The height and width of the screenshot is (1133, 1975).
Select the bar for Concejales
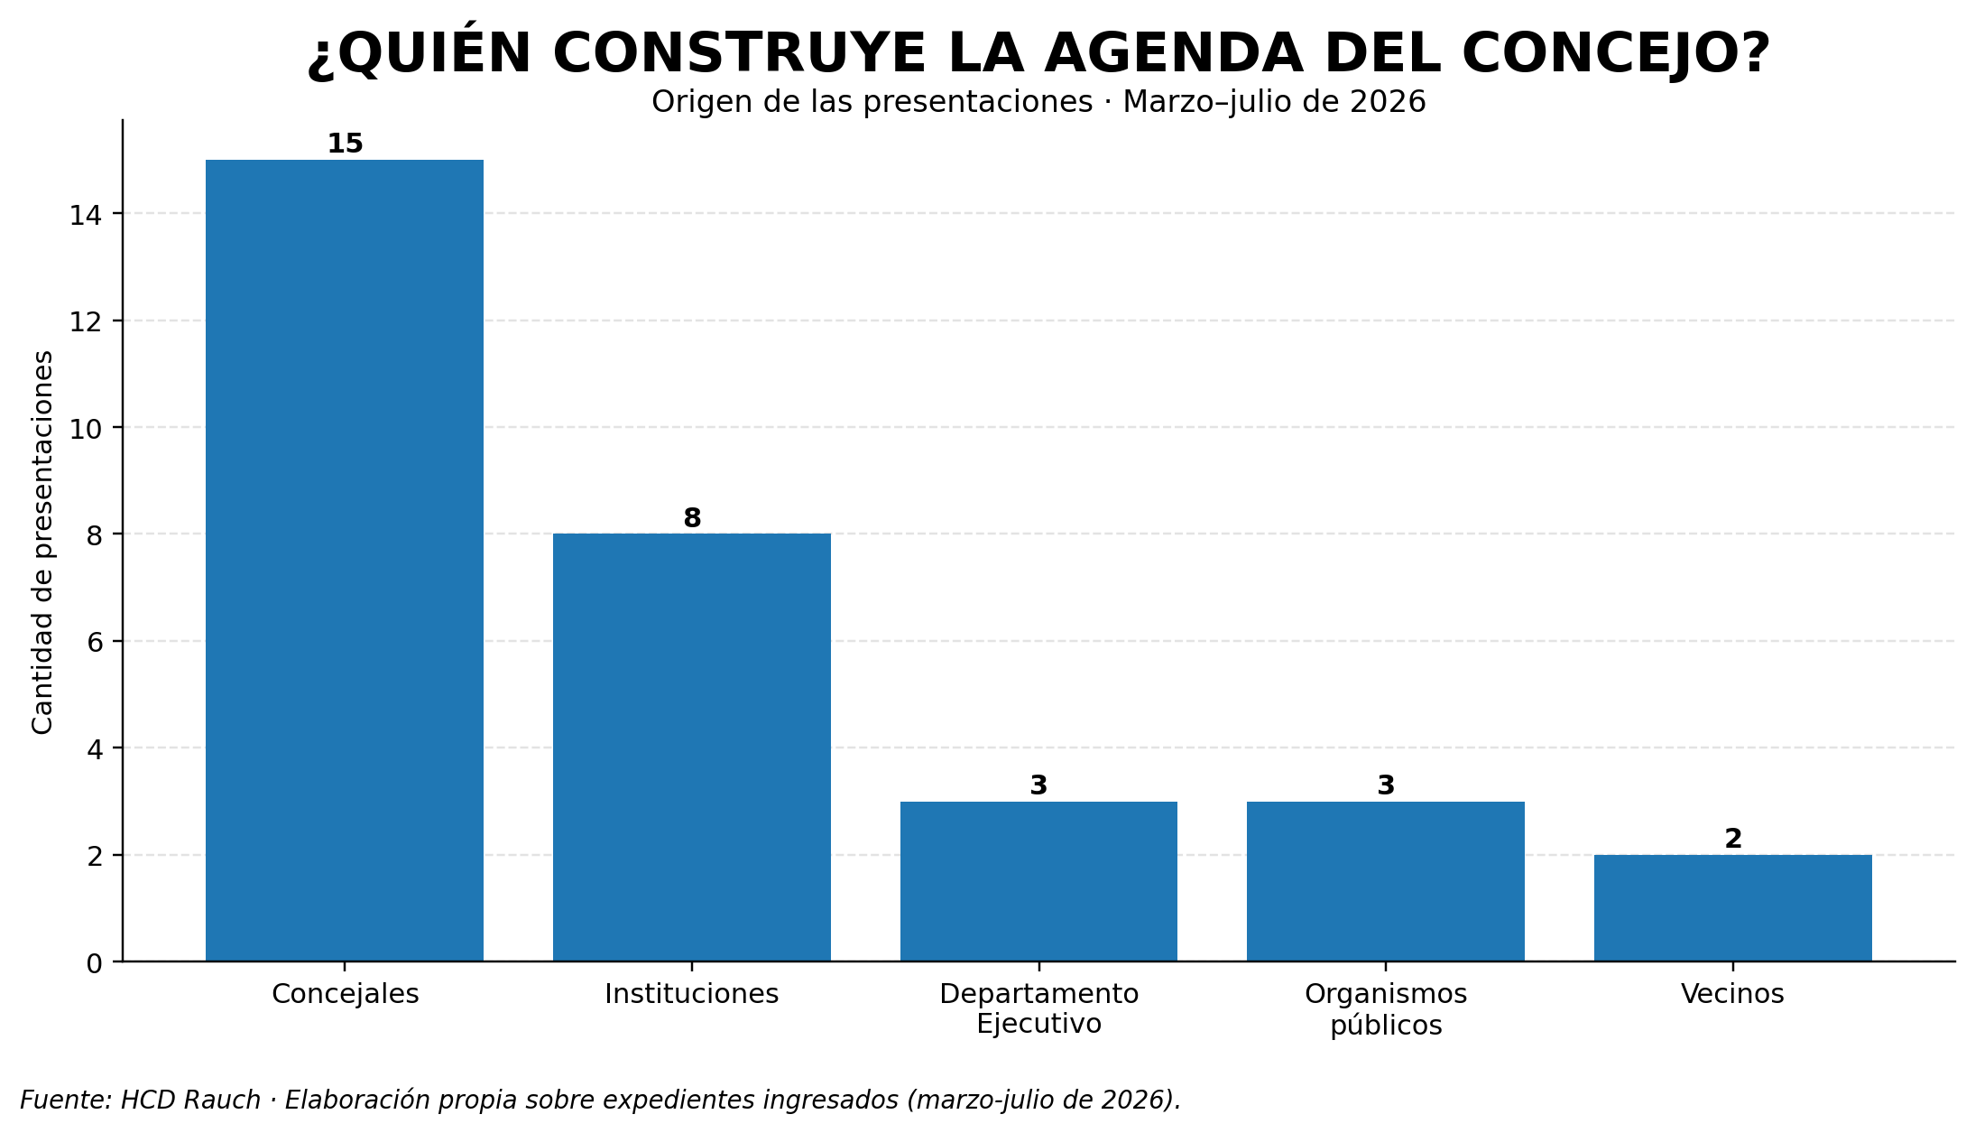[345, 561]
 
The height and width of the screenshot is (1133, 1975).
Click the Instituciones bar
[692, 748]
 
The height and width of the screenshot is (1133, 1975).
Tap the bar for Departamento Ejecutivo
[1038, 881]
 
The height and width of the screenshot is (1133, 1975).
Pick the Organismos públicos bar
[1386, 881]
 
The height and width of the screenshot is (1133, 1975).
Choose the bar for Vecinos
[1733, 908]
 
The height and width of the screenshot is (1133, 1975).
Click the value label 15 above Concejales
[345, 144]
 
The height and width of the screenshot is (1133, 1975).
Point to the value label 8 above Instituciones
[692, 518]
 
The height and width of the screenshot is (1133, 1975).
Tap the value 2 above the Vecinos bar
[1733, 839]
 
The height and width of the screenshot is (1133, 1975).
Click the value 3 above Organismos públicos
[1386, 785]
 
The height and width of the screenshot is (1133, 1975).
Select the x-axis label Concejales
[345, 994]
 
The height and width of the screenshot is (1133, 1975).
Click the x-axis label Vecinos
[1733, 994]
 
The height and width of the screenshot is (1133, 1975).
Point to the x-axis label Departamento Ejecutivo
[1038, 1008]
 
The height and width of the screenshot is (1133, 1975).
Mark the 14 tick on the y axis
[85, 215]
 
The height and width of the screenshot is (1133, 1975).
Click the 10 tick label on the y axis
[85, 429]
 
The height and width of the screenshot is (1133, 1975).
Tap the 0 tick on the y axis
[94, 963]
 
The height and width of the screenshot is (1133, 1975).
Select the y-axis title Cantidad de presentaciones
[42, 543]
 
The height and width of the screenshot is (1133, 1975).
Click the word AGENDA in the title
[1174, 53]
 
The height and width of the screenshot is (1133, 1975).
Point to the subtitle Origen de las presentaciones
[872, 102]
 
